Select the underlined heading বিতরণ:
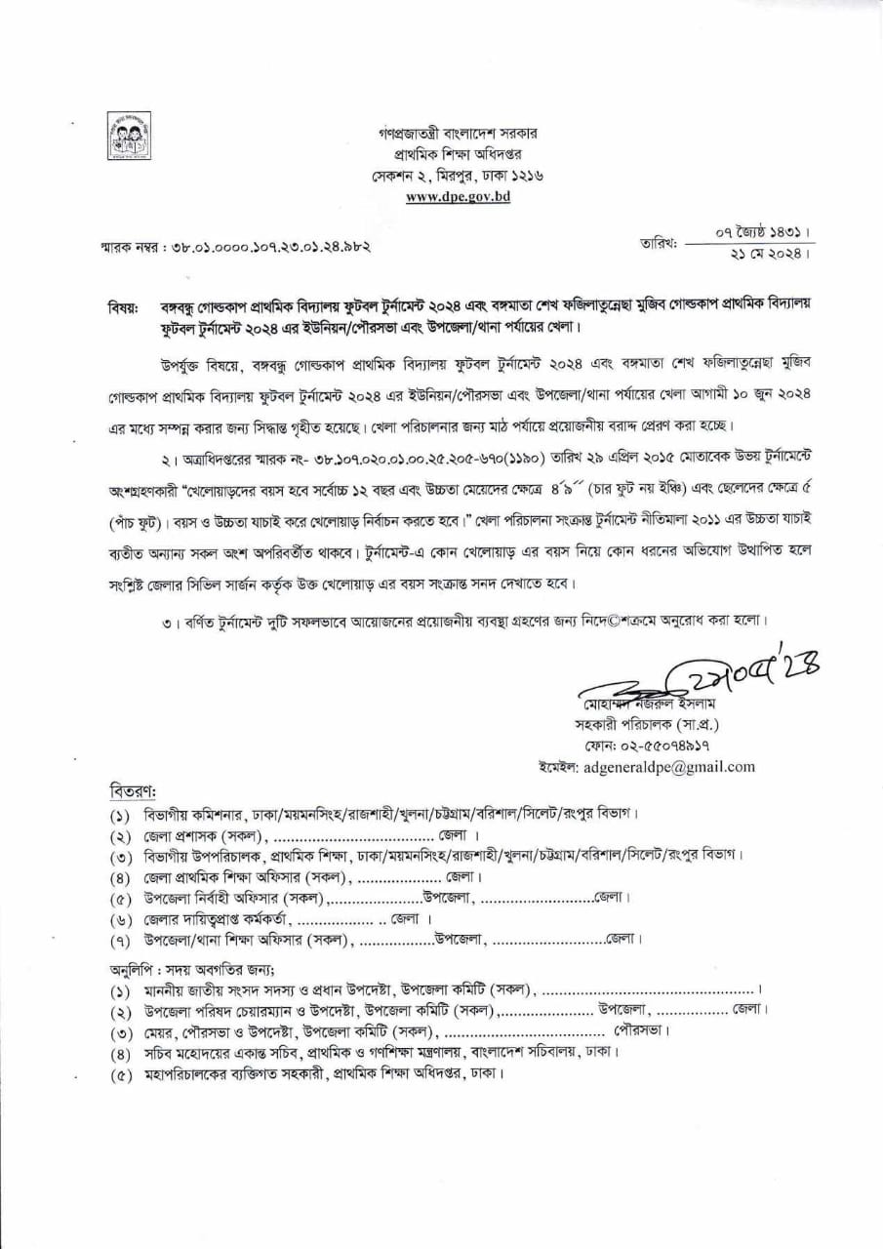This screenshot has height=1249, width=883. point(132,788)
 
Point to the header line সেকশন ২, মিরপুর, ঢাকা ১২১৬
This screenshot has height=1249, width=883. point(457,175)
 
